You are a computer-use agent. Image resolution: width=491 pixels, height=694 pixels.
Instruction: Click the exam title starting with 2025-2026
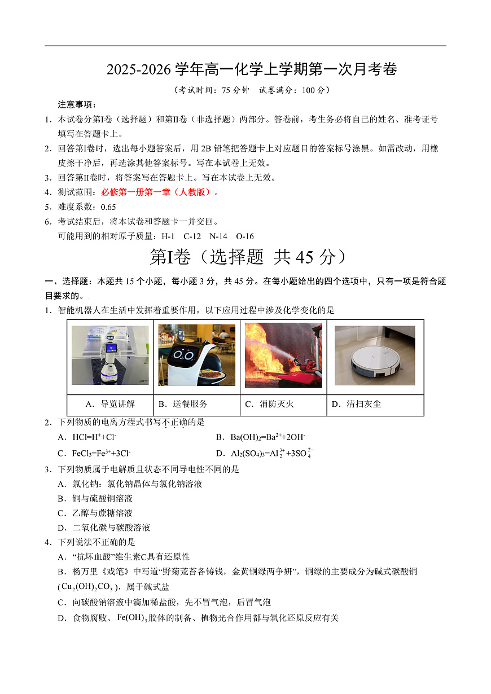(x=252, y=69)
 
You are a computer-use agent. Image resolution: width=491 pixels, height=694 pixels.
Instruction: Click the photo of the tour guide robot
(x=110, y=355)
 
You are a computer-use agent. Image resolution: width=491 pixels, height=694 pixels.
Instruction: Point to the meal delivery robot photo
(x=196, y=355)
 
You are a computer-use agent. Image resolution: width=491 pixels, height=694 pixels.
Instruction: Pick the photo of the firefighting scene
(x=283, y=355)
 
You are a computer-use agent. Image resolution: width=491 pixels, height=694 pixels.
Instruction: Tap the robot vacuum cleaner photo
(x=375, y=355)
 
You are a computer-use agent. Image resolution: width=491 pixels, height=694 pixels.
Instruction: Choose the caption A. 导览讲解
(x=110, y=404)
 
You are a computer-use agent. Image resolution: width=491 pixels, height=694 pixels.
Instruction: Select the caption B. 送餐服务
(x=183, y=404)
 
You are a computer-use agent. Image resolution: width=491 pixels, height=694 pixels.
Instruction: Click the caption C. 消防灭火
(x=269, y=404)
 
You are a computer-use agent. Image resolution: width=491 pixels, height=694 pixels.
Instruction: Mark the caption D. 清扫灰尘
(x=356, y=404)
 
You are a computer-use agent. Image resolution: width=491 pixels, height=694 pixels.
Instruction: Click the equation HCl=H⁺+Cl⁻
(x=94, y=437)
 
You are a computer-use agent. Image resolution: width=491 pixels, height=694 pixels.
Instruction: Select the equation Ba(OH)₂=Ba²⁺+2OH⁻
(x=268, y=437)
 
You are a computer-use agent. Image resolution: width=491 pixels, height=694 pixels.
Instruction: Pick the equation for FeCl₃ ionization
(x=101, y=453)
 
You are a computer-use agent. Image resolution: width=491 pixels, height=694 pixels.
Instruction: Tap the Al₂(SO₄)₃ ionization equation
(x=271, y=453)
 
